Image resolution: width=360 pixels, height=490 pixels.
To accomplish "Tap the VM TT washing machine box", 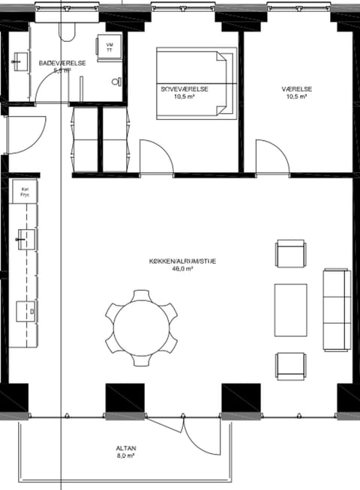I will (x=110, y=46).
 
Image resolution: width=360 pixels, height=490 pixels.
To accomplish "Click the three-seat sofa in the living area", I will (x=337, y=309).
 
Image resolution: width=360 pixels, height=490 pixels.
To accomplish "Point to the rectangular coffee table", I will (x=291, y=309).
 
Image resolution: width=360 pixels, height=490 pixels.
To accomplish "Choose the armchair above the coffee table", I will (x=291, y=254).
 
